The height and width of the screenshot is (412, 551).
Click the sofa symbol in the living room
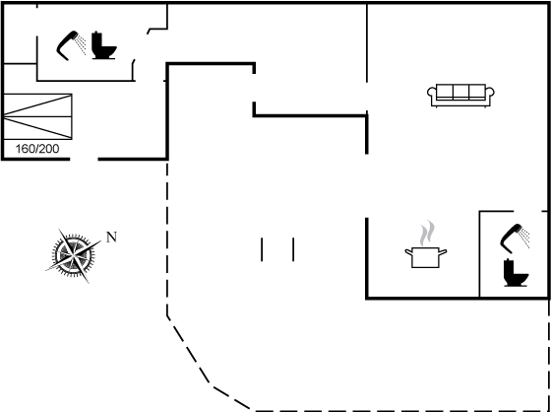tap(460, 96)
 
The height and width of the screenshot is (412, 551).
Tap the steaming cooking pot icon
tap(425, 244)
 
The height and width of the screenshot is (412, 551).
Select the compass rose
tap(74, 255)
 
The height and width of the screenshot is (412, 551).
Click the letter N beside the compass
tap(111, 237)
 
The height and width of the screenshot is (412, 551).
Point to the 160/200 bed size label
tap(37, 149)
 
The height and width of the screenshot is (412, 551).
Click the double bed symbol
tap(37, 116)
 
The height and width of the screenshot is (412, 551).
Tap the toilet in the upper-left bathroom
tap(103, 45)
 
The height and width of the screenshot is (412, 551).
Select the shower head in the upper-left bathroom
tap(71, 45)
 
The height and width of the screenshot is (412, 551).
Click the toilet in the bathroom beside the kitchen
tap(516, 273)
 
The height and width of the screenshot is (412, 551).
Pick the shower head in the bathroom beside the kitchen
tap(515, 239)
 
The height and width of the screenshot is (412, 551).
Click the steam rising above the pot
tap(427, 233)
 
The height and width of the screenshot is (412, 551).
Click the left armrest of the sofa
tap(432, 96)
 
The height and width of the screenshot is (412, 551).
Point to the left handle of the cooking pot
tap(408, 252)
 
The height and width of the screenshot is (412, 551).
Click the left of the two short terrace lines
tap(262, 249)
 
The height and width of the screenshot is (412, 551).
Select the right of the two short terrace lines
tap(293, 249)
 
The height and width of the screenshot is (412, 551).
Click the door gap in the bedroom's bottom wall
tap(84, 159)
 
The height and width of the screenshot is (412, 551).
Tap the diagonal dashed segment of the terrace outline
tap(188, 349)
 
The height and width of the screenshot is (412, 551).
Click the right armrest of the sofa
tap(490, 96)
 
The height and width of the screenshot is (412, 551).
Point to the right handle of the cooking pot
tap(443, 252)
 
